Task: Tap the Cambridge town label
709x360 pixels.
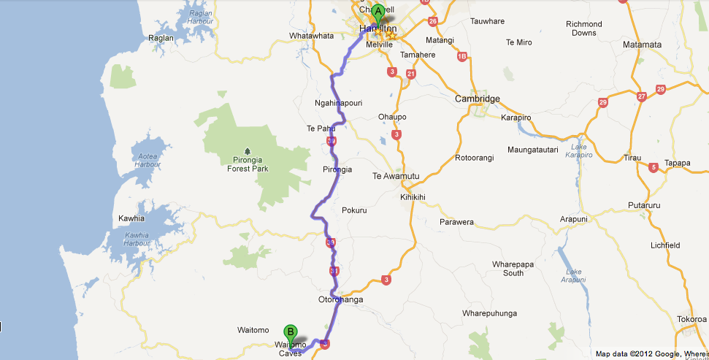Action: coord(477,99)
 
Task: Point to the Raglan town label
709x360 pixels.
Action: coord(161,38)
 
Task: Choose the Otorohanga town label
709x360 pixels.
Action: coord(340,299)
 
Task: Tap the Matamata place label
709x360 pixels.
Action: coord(642,45)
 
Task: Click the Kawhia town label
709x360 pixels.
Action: coord(131,218)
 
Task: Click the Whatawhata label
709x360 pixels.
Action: coord(311,35)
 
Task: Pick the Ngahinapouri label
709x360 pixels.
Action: coord(338,103)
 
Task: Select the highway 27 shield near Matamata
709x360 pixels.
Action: coord(641,96)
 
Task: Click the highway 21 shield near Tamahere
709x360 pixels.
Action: coord(411,74)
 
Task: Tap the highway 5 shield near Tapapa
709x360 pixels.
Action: coord(653,167)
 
